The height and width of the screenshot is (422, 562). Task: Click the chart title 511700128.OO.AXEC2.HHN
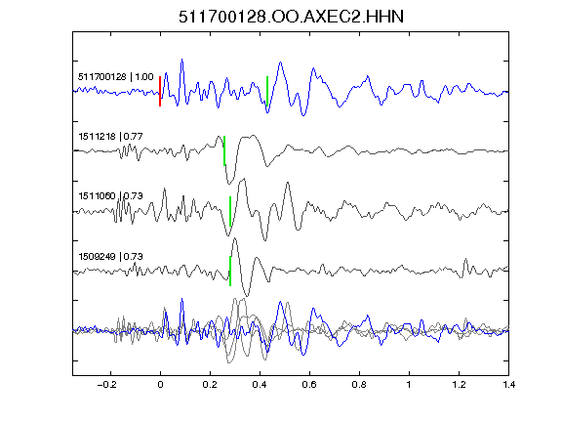pos(291,17)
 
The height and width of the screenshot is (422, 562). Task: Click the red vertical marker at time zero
pos(160,91)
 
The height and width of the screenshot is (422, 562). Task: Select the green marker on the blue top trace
pos(267,91)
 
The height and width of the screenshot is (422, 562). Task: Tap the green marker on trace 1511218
pos(224,150)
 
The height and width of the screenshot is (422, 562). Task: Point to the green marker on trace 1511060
pos(230,211)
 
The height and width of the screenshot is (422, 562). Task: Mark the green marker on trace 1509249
pos(230,271)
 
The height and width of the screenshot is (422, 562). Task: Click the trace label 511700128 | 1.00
pos(116,77)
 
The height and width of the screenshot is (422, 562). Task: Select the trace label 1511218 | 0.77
pos(111,137)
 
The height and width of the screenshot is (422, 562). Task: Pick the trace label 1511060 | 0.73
pos(111,196)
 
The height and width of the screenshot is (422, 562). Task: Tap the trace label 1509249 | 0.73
pos(111,257)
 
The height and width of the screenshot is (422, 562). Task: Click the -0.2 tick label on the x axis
pos(106,385)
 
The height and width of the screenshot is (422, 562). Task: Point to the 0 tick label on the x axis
pos(160,385)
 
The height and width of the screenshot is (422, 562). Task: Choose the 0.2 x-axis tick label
pos(210,385)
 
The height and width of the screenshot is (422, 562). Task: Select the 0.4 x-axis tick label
pos(260,385)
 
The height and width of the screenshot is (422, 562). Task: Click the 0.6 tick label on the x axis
pos(309,385)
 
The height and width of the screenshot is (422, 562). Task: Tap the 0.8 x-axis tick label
pos(359,385)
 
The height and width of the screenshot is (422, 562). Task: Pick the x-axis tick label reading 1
pos(409,385)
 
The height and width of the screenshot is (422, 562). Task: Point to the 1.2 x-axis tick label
pos(459,385)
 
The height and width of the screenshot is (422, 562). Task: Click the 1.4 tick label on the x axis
pos(508,385)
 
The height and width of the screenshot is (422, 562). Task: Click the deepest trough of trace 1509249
pos(247,296)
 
